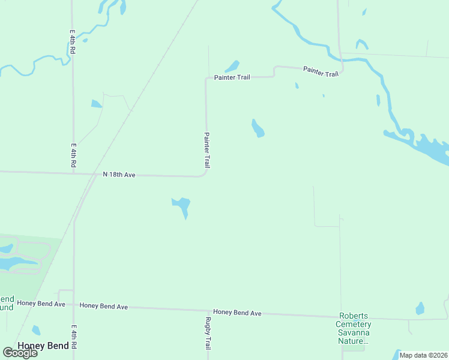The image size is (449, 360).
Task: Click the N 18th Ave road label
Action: tap(119, 175)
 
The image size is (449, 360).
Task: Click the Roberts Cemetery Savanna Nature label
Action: tap(354, 328)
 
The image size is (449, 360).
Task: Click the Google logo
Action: tap(20, 352)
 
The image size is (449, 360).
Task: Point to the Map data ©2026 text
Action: tap(423, 355)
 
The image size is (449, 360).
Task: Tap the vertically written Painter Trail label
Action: tap(207, 150)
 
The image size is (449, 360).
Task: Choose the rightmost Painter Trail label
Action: tap(321, 71)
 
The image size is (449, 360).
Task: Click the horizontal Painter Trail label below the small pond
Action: tap(232, 78)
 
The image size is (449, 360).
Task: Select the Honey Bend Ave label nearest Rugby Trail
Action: tap(237, 313)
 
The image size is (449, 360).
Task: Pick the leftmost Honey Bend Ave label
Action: tap(41, 304)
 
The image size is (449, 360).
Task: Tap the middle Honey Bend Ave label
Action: tap(104, 307)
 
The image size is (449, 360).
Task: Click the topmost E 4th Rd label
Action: tap(72, 44)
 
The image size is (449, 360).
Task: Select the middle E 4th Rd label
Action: tap(73, 155)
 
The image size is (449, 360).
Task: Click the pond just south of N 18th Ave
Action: tap(182, 205)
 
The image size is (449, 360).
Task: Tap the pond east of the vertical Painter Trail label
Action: tap(258, 128)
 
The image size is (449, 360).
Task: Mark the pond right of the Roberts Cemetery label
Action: tap(420, 308)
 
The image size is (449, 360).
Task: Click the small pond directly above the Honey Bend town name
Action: tap(36, 329)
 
